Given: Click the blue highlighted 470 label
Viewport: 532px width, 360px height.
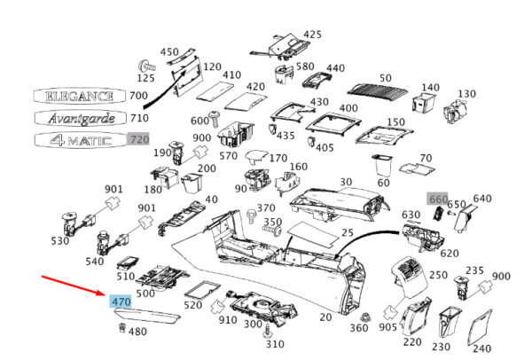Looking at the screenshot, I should pos(121,301).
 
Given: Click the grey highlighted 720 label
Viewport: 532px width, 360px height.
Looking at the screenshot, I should pos(138,139).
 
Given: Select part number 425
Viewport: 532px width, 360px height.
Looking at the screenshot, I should pos(312,35).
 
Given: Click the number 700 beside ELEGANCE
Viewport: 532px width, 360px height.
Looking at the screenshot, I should pos(138,96).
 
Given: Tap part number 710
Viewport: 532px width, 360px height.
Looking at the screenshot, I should pos(139,117).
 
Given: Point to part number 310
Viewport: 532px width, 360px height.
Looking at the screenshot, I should pos(275,344).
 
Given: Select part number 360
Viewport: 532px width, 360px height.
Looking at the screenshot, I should pos(358,328).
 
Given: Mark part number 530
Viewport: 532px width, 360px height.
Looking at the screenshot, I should pos(59,241).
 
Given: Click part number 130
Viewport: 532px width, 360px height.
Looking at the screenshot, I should pos(465,94).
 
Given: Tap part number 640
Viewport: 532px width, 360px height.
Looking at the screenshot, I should pos(482,199).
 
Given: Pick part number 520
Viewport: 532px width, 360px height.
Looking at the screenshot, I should pos(192,305).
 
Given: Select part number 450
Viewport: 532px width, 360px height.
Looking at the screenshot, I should pos(168,51).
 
